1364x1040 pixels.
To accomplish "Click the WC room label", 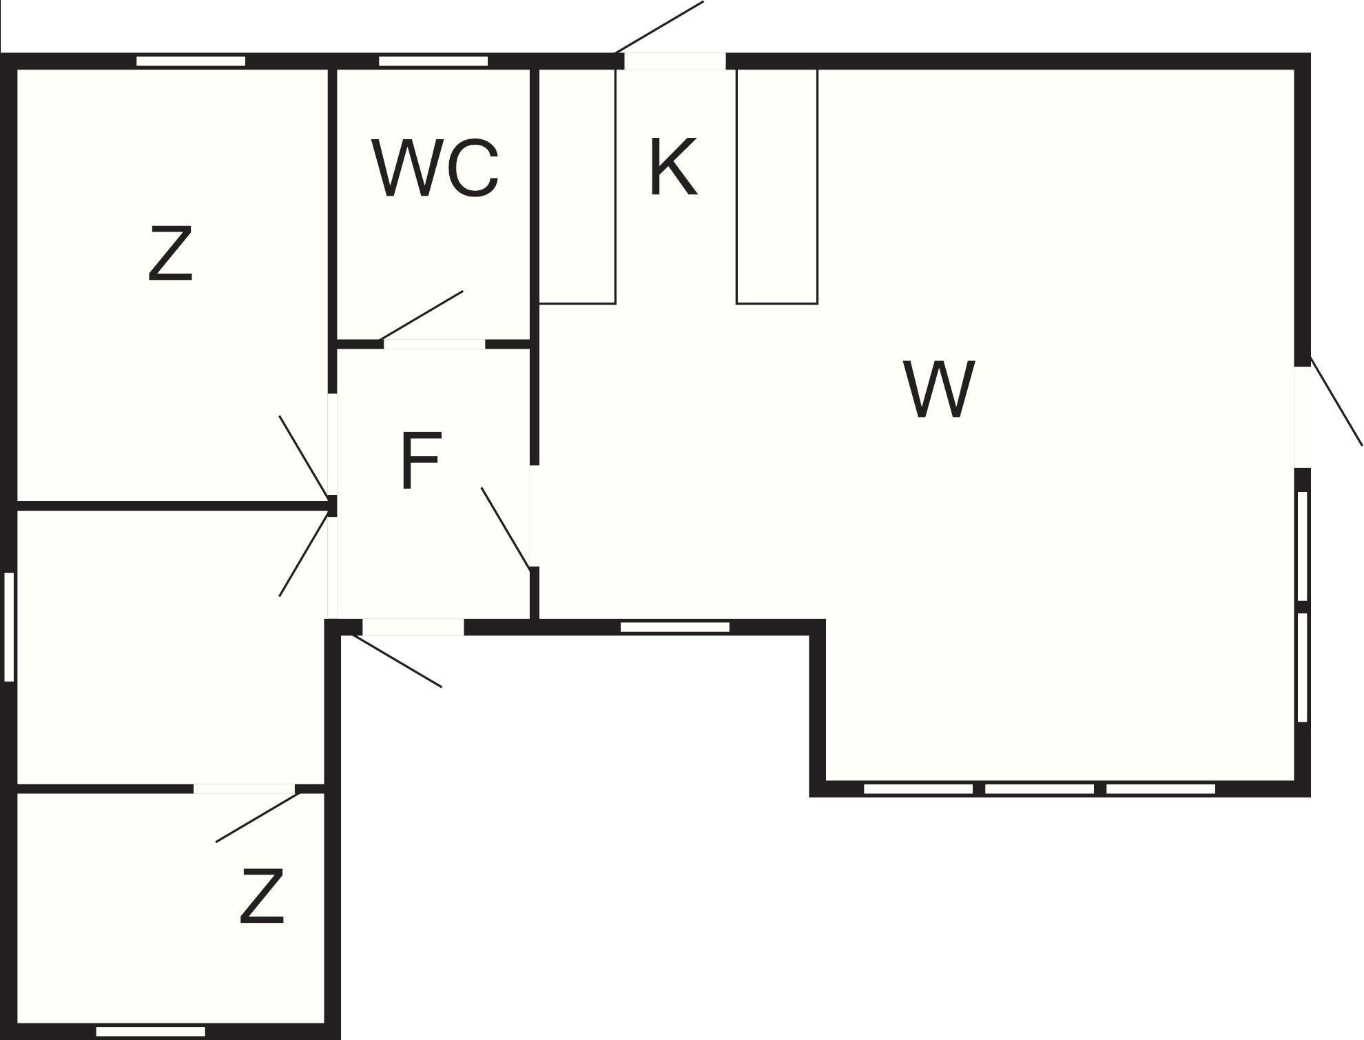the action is pyautogui.click(x=435, y=167).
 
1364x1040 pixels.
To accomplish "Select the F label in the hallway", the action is pyautogui.click(x=420, y=460).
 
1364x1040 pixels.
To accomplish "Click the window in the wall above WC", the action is pyautogui.click(x=433, y=61).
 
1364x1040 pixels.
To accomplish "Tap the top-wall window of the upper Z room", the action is pyautogui.click(x=191, y=61).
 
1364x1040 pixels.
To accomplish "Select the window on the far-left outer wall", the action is pyautogui.click(x=9, y=626).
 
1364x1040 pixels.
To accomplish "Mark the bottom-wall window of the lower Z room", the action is pyautogui.click(x=150, y=1032).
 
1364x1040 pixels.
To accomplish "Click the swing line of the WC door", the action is pyautogui.click(x=422, y=315).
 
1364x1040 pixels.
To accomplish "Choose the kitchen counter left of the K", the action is pyautogui.click(x=577, y=186).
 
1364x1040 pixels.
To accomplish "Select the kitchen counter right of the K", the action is pyautogui.click(x=777, y=186).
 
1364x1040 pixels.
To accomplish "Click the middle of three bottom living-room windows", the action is pyautogui.click(x=1040, y=788).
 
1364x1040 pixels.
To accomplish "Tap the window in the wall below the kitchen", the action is pyautogui.click(x=675, y=627).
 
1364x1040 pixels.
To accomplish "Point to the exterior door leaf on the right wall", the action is pyautogui.click(x=1336, y=401).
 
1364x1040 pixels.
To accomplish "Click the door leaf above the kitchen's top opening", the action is pyautogui.click(x=659, y=27).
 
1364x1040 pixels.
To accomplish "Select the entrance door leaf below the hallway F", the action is pyautogui.click(x=397, y=661).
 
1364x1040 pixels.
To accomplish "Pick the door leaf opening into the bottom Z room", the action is pyautogui.click(x=258, y=817).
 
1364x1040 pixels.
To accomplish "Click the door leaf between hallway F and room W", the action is pyautogui.click(x=506, y=528).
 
